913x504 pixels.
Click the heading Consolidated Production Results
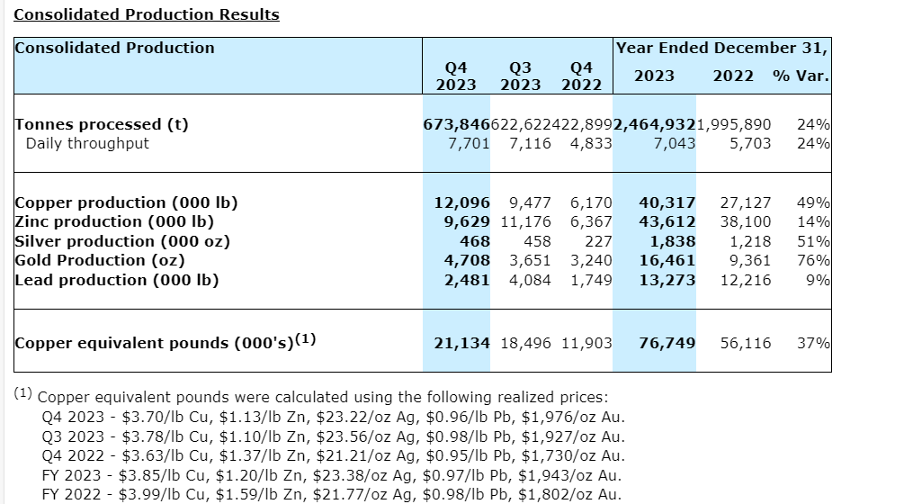point(147,14)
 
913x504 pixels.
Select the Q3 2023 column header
point(520,76)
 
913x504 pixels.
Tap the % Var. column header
point(801,76)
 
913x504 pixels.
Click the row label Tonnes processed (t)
point(102,124)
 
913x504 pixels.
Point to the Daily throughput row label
point(87,143)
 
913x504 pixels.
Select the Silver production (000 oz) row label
point(122,241)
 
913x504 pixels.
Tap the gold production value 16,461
point(667,260)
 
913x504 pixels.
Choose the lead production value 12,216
point(746,280)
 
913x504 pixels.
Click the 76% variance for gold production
point(813,260)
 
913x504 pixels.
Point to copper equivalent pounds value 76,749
point(667,343)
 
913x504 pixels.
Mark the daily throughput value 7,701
point(469,143)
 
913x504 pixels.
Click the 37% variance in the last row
point(813,343)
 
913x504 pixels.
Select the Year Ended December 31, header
point(722,48)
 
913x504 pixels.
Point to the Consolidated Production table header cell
point(114,48)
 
